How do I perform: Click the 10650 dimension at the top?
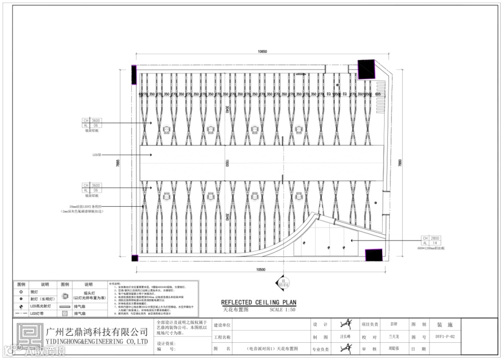click(262, 52)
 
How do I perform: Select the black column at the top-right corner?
click(366, 68)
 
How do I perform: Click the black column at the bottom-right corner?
click(374, 255)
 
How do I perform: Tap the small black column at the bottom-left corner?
click(134, 258)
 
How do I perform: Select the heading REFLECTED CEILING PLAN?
click(258, 302)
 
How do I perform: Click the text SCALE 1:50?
click(282, 309)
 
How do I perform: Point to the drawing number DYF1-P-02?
click(445, 336)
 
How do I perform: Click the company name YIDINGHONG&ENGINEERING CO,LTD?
click(97, 342)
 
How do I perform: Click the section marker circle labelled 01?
click(282, 281)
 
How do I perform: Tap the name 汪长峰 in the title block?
click(345, 336)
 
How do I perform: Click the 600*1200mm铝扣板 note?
click(431, 249)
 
